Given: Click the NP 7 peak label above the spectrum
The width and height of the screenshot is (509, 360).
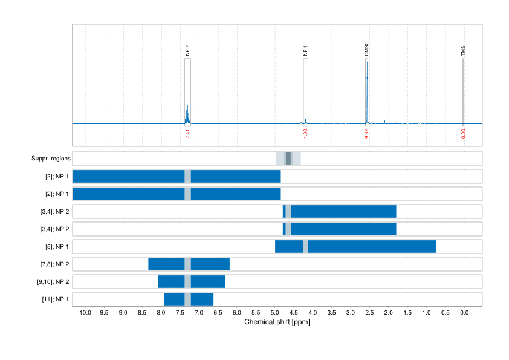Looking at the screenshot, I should (x=187, y=51).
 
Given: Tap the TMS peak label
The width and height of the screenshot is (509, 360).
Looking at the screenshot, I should (x=463, y=51).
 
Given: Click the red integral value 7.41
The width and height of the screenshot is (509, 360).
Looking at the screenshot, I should (x=187, y=133).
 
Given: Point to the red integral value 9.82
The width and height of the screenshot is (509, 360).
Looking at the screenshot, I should (x=366, y=133).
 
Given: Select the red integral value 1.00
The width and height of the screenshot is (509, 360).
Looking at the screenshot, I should (x=305, y=133).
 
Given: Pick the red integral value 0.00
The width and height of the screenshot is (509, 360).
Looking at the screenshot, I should (x=464, y=133).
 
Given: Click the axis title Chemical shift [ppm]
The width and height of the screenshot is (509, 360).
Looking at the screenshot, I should (x=277, y=322).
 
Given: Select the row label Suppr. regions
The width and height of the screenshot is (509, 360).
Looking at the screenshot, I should (x=51, y=159).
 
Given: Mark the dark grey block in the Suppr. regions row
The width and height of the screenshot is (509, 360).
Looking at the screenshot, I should (x=288, y=159).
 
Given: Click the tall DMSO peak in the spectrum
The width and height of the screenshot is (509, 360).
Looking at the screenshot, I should (x=366, y=91).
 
